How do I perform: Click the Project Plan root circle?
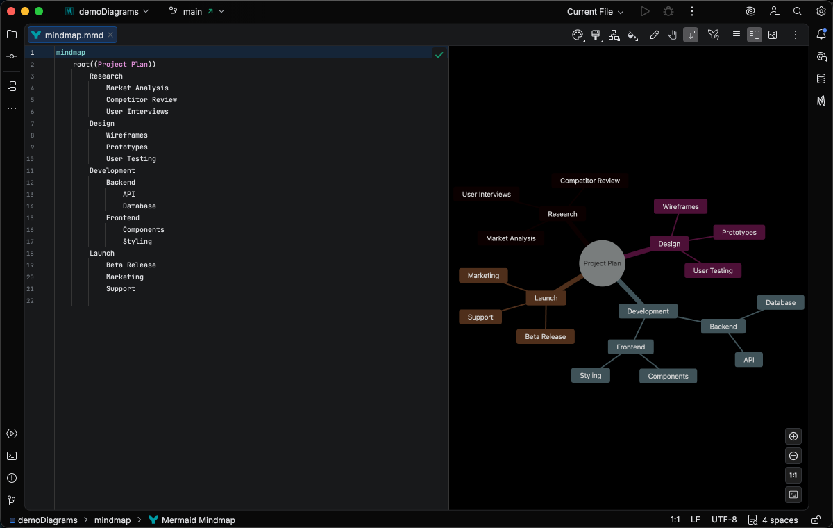pos(602,263)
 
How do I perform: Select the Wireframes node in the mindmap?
pos(680,207)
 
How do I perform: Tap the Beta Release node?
pos(545,337)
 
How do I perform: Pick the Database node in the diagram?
pos(780,303)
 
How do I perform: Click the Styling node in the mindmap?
pos(590,376)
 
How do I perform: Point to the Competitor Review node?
pos(589,181)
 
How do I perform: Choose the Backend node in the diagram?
pos(723,327)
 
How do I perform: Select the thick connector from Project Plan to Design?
pos(637,254)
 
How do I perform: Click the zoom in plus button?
pos(793,436)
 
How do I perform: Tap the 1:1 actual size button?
pos(793,475)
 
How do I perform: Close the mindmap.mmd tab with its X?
pos(110,35)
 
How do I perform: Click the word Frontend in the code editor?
pos(123,218)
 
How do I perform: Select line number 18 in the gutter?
pos(31,254)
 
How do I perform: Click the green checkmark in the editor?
pos(439,54)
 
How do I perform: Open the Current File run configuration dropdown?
pos(595,12)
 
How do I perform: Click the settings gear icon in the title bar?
pos(821,12)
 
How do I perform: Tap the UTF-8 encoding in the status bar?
pos(724,520)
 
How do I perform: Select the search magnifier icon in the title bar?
pos(798,12)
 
